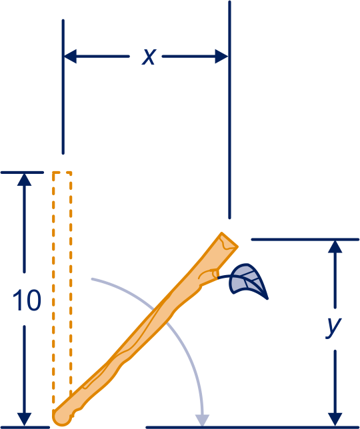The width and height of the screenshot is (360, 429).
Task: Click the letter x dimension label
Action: [x=149, y=57]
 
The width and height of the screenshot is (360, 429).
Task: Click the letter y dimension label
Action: [x=334, y=328]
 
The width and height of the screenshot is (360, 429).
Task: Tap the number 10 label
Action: [x=27, y=300]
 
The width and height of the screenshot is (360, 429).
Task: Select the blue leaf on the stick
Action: [x=247, y=280]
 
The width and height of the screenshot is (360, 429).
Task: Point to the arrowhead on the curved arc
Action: [x=202, y=420]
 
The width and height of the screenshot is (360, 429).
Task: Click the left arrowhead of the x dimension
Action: [x=70, y=57]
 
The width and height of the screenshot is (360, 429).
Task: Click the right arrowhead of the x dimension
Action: [x=221, y=57]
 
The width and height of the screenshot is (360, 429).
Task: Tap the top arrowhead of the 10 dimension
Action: [x=25, y=180]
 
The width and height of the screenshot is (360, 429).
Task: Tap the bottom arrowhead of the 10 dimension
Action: [x=25, y=419]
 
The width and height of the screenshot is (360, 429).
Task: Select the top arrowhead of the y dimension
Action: [x=335, y=246]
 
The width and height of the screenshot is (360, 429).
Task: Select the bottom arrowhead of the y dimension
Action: [x=335, y=419]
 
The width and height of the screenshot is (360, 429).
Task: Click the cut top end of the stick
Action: [x=229, y=240]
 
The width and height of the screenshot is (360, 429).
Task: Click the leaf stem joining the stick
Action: [x=225, y=277]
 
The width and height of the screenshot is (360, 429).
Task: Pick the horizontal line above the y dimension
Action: [x=305, y=239]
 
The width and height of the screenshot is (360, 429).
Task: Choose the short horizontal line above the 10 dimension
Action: [x=22, y=173]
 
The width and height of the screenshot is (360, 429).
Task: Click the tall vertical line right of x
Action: [x=229, y=110]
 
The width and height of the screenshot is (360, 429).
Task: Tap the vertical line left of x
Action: [x=63, y=87]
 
